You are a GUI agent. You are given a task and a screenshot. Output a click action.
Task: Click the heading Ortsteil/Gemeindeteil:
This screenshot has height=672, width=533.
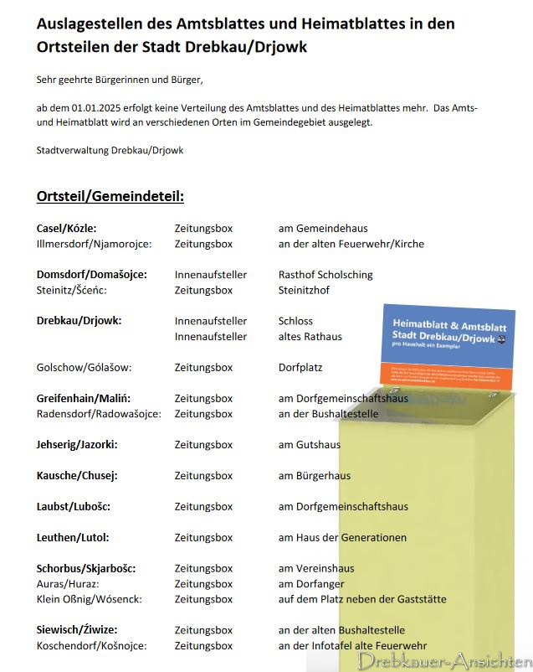pos(110,197)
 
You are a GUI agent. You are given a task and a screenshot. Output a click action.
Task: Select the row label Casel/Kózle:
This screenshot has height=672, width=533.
pos(66,228)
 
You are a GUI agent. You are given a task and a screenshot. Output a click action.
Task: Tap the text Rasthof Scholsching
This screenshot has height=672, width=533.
pos(325,275)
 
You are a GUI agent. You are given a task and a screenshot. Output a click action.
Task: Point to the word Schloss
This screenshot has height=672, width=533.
pos(295,321)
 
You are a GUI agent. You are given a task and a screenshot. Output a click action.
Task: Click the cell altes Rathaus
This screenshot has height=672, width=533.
pos(310,337)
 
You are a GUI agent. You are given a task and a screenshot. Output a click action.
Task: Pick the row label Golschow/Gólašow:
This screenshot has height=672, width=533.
pos(84,368)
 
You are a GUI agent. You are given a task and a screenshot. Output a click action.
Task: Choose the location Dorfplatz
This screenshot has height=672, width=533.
pos(300,368)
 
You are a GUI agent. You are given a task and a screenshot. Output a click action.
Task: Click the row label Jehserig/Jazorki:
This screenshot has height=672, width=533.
pos(77,445)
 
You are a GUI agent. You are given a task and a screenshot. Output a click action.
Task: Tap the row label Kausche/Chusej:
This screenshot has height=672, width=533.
pos(77,476)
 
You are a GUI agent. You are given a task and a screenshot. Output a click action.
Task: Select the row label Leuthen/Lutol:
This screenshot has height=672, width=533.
pos(73,538)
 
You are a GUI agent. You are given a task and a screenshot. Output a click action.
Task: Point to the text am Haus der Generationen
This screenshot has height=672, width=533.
pos(342,538)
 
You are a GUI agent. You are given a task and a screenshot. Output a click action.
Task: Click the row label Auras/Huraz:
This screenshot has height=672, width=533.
pos(68,584)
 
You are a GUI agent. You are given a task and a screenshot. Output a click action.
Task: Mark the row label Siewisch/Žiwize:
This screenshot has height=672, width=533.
pos(77,630)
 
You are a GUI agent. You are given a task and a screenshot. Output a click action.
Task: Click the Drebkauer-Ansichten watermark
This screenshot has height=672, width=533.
pos(443,660)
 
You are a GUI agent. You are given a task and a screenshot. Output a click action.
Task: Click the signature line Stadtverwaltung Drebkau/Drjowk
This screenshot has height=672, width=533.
pos(110,151)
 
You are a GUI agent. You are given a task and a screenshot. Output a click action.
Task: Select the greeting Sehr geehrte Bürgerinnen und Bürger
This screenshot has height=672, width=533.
pos(120,80)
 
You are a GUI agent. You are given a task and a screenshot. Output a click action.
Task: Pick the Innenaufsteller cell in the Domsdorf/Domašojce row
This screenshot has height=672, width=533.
pos(210,275)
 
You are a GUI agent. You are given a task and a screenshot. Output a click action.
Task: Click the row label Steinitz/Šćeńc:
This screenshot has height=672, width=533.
pos(72,291)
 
